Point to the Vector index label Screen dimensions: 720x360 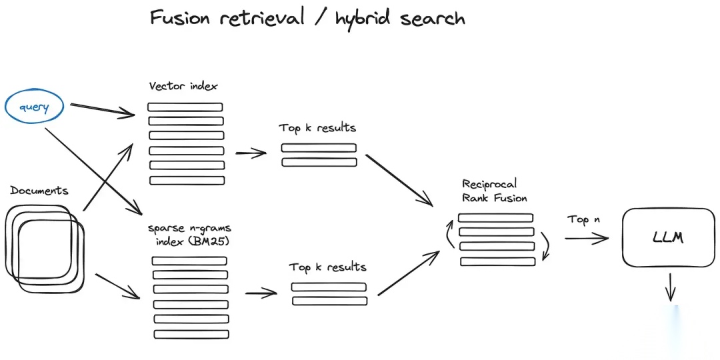click(183, 86)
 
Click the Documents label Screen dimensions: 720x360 click(39, 191)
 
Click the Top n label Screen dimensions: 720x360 click(583, 219)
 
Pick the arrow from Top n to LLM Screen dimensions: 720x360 click(587, 238)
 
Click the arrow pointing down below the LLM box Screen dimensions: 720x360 click(671, 287)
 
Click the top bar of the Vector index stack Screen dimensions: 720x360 click(185, 107)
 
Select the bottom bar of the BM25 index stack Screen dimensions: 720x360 click(191, 334)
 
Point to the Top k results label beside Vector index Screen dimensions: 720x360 click(317, 127)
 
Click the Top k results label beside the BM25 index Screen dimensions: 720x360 click(328, 267)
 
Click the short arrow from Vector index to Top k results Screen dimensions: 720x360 click(251, 153)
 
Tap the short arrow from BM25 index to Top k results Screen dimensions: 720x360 click(261, 293)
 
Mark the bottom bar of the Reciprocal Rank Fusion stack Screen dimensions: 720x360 click(498, 261)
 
